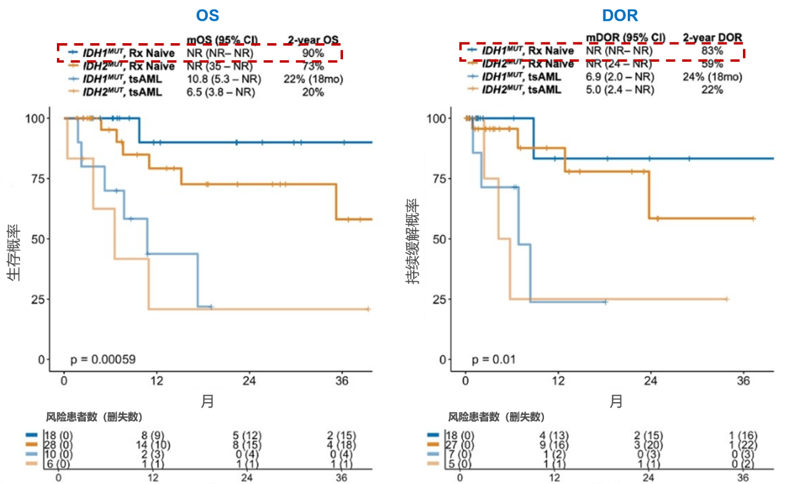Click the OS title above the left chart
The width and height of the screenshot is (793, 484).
(x=207, y=16)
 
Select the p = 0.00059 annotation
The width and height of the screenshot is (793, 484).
(x=103, y=359)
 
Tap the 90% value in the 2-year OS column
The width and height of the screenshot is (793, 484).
(x=312, y=53)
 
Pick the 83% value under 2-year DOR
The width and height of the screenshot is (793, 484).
(x=712, y=51)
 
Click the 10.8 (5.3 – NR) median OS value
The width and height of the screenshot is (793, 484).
(x=223, y=79)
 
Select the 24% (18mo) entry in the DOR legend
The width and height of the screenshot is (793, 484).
(x=712, y=77)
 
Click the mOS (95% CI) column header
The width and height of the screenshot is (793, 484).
(x=222, y=39)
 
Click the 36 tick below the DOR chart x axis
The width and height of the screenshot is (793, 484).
(x=744, y=381)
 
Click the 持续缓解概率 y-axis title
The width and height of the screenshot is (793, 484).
(x=413, y=244)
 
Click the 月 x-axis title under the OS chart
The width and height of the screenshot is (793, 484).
(x=207, y=401)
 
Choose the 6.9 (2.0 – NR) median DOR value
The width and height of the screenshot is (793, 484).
(x=620, y=77)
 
